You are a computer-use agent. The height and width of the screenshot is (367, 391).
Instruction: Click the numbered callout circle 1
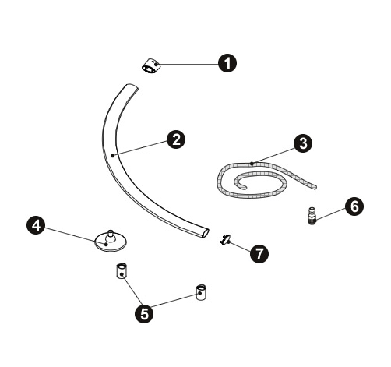[227, 63]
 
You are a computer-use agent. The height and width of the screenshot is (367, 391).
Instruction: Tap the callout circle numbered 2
[176, 139]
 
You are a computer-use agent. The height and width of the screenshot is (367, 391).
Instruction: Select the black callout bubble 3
[303, 143]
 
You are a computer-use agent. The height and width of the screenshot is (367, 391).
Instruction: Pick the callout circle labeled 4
[36, 225]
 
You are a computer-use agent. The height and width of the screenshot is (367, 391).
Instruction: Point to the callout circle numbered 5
[144, 313]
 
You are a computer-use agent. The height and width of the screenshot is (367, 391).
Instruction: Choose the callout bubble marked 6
[354, 206]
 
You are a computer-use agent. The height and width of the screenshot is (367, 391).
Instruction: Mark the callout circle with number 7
[259, 253]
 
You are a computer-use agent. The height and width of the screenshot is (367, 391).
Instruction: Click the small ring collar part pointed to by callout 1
[151, 66]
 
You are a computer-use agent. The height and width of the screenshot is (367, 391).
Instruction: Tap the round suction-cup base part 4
[111, 242]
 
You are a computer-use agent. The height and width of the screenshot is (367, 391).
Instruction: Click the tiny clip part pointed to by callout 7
[225, 239]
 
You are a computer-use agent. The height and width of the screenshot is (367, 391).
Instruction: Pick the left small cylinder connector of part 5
[121, 271]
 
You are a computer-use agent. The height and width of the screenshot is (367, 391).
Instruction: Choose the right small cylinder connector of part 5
[201, 292]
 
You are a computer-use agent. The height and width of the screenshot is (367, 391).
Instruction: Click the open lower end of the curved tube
[205, 233]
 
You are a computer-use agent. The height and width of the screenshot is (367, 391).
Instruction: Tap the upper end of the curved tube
[132, 86]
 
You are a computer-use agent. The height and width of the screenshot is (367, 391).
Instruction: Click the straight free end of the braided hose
[315, 187]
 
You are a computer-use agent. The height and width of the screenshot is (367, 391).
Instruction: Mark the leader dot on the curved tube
[112, 156]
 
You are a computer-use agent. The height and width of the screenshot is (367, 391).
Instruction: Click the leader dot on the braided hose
[252, 164]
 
